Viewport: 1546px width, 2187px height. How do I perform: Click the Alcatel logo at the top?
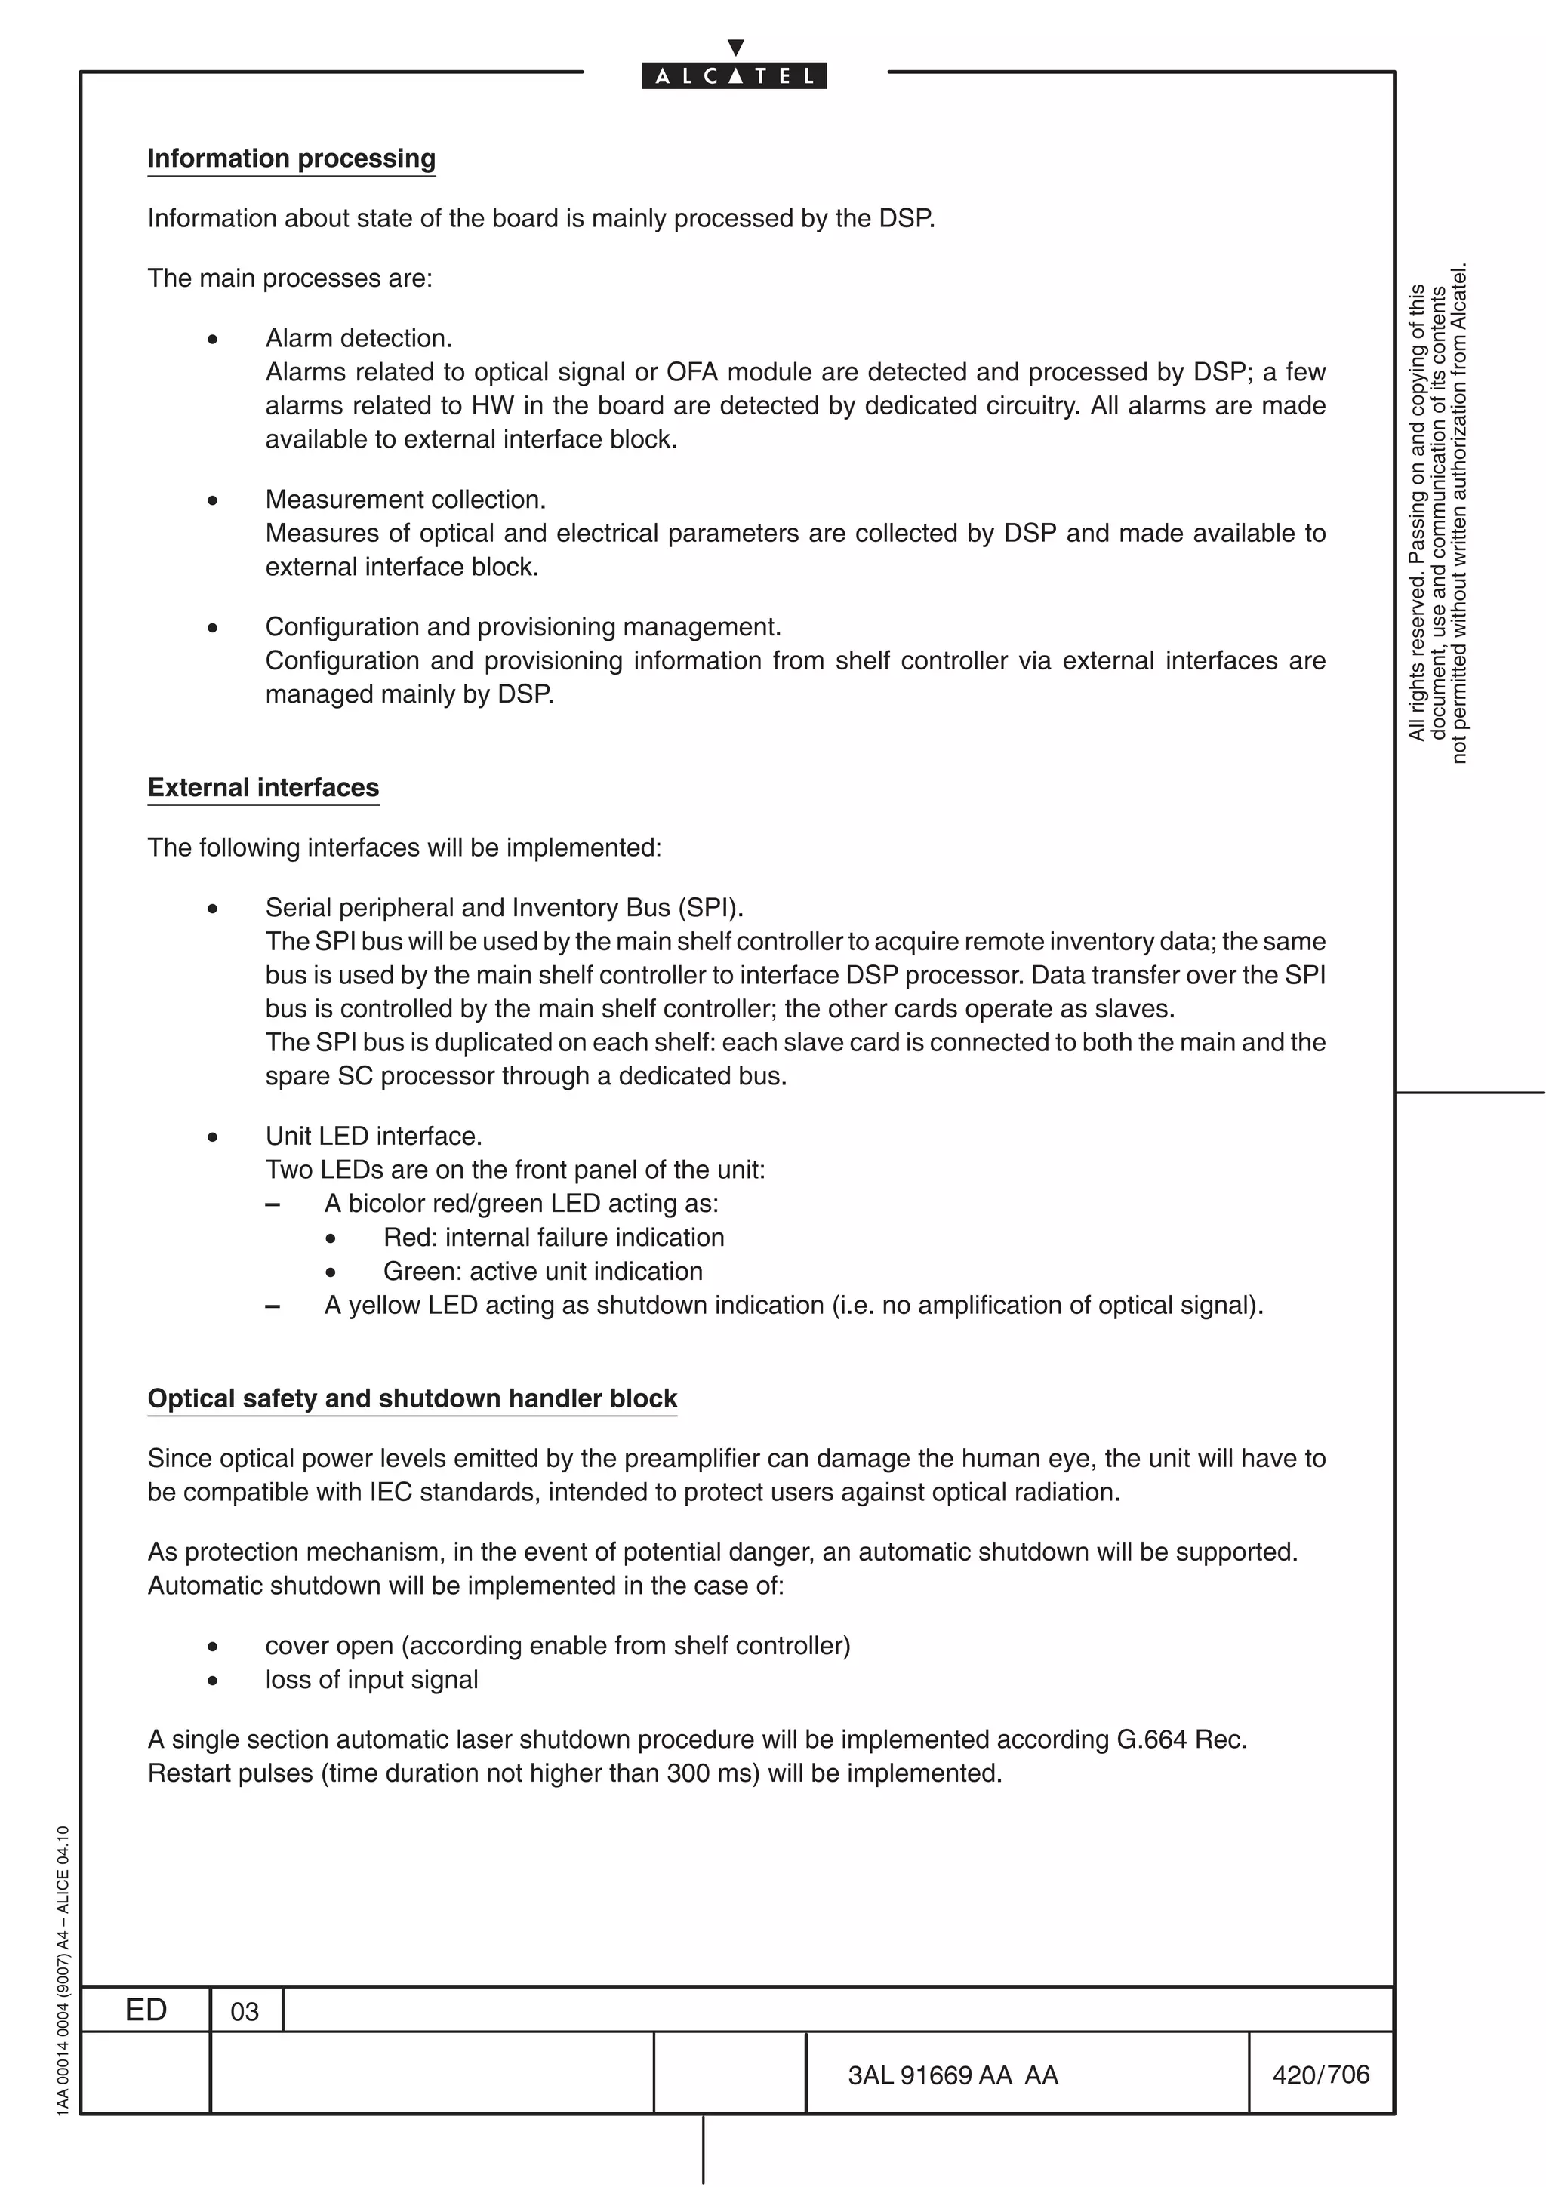pos(734,74)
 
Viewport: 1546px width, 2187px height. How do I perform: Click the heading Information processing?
pos(291,158)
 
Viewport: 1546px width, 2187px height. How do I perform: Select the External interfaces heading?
pos(263,788)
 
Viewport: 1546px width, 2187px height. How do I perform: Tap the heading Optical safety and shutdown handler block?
pos(411,1398)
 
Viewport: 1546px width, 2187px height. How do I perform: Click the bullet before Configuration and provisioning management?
pos(212,629)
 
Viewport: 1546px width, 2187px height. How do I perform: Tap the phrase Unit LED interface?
pos(374,1136)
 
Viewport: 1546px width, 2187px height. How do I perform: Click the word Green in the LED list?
pos(422,1271)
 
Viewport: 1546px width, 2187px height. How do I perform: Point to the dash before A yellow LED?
pos(273,1306)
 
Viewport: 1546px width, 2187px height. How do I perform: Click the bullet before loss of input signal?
pos(212,1681)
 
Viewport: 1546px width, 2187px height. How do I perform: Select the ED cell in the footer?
pos(146,2010)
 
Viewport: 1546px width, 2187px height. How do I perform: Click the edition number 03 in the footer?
pos(245,2012)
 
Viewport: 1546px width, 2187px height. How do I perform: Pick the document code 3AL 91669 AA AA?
pos(953,2075)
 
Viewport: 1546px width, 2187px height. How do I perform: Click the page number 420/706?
pos(1320,2075)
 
